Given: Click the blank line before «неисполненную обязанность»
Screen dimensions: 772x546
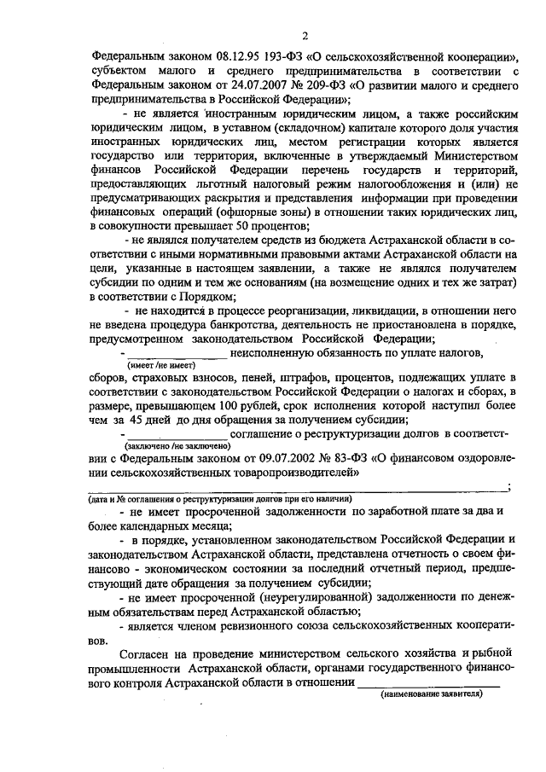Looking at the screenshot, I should [x=177, y=353].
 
